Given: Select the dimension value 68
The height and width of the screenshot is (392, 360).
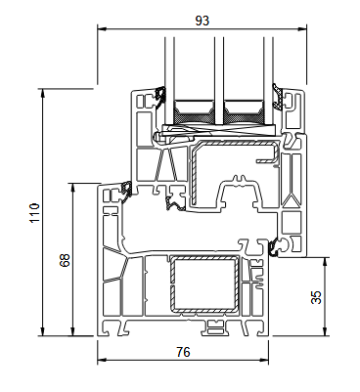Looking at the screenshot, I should (x=65, y=260).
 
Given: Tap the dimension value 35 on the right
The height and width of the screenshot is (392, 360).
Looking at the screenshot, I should (x=315, y=298).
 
